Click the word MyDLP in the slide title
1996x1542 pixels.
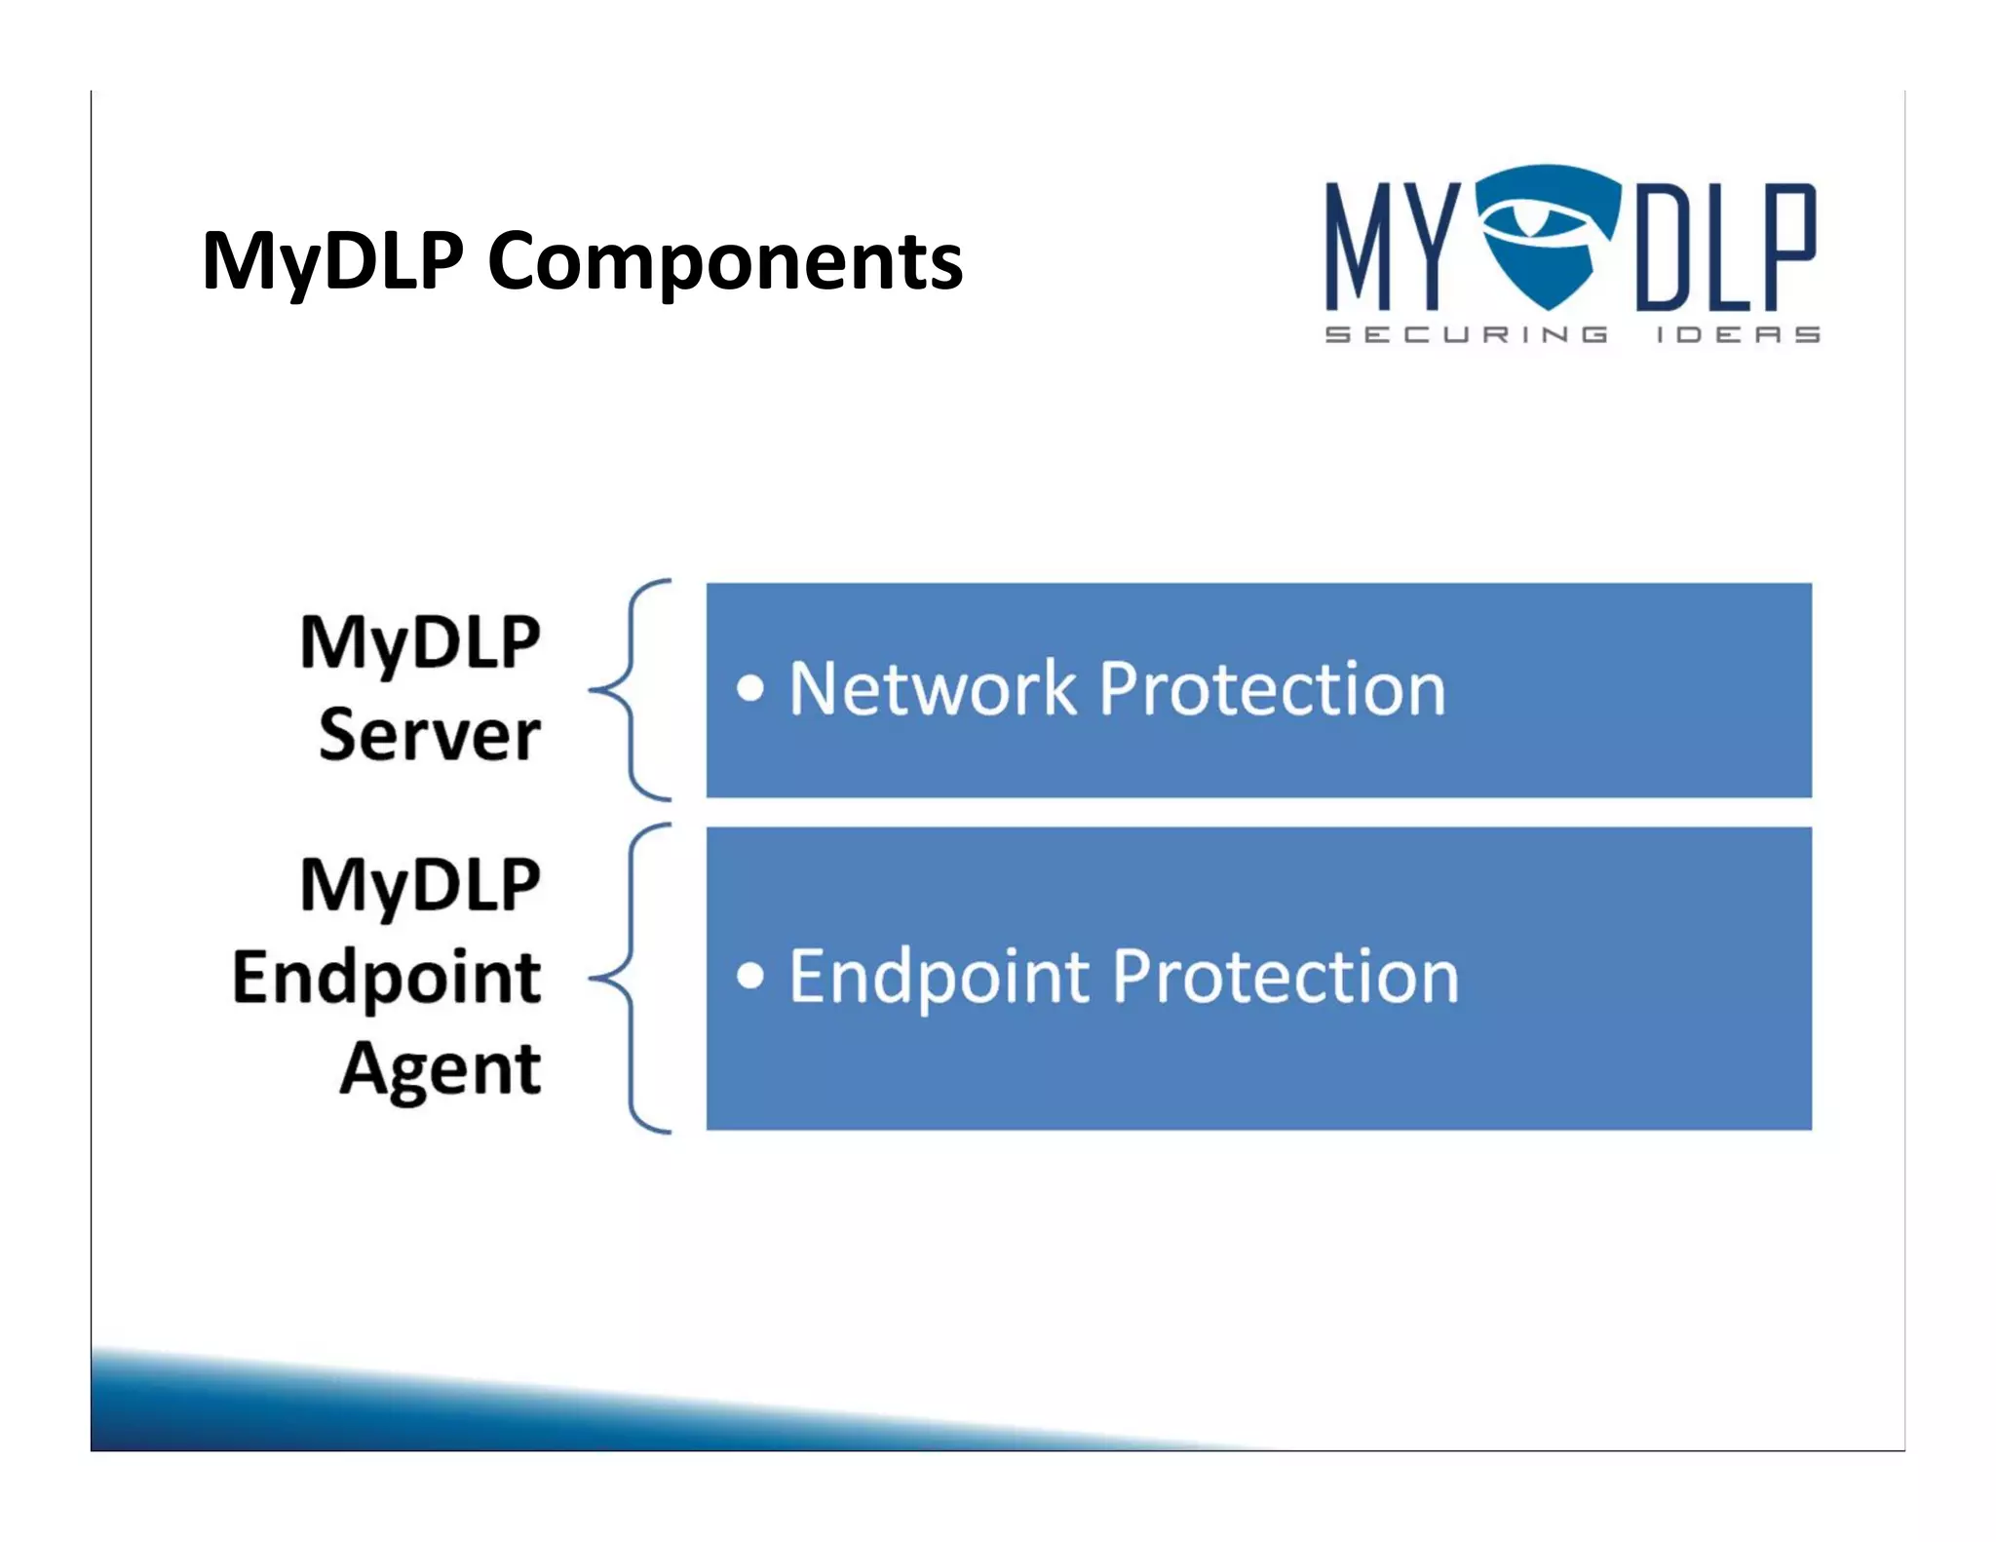[331, 261]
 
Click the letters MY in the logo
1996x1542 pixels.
[1393, 246]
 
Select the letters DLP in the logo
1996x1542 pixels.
[1725, 246]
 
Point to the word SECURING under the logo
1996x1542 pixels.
[1466, 334]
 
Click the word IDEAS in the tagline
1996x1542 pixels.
[1738, 334]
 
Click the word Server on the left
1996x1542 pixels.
[429, 735]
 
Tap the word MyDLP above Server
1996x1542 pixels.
[419, 643]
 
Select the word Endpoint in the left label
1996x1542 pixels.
[386, 978]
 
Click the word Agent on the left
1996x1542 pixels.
[440, 1069]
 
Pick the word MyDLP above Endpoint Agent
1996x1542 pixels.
[419, 886]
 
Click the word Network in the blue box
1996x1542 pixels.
[932, 688]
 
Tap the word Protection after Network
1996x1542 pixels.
[1272, 688]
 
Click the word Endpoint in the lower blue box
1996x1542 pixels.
[939, 978]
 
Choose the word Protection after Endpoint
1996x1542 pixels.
[1286, 978]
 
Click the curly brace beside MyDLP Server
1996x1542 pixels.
[632, 690]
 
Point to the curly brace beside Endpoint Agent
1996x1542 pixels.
[632, 978]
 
